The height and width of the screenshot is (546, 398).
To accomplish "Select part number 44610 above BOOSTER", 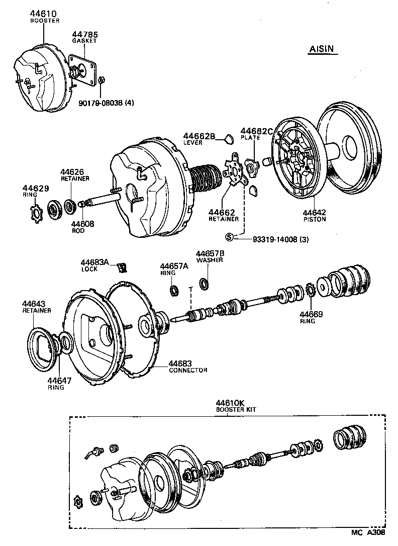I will [44, 14].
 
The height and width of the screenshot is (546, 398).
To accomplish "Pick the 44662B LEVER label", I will [199, 136].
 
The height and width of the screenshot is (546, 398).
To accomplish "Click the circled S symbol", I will [230, 237].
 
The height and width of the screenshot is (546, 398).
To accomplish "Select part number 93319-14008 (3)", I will [274, 239].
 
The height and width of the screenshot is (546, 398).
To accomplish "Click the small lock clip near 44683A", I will [121, 266].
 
